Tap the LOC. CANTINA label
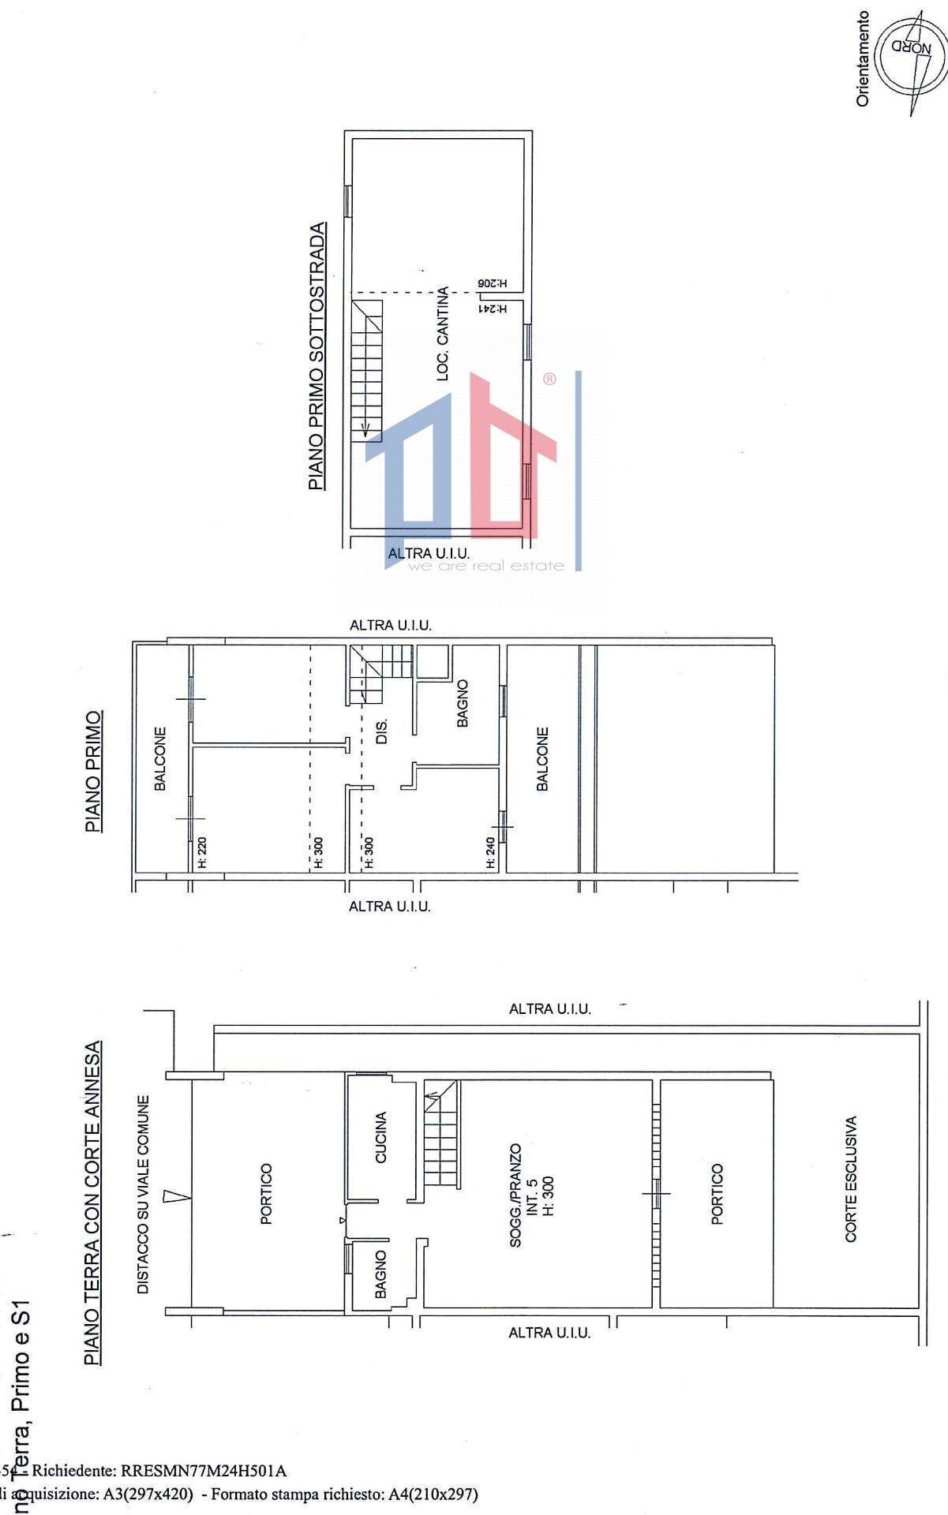(x=443, y=333)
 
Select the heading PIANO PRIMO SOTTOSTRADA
(x=317, y=356)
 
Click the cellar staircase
(x=367, y=368)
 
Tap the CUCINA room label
(x=381, y=1137)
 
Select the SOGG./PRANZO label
(x=515, y=1195)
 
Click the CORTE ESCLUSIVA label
(x=851, y=1179)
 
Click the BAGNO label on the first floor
(x=463, y=703)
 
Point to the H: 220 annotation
(x=201, y=853)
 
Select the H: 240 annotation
(x=491, y=853)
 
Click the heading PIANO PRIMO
(x=93, y=772)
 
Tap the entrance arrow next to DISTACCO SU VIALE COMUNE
(x=176, y=1197)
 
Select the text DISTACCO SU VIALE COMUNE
(x=144, y=1194)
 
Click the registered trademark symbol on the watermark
(x=549, y=379)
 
